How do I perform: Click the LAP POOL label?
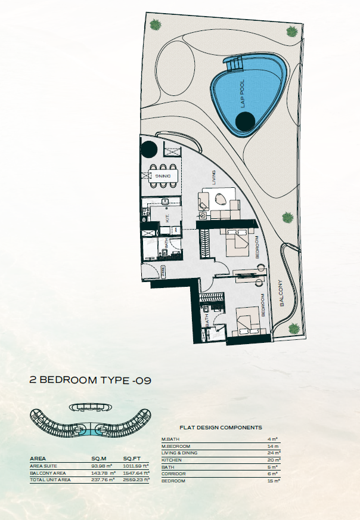(x=243, y=94)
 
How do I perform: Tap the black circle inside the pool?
(x=245, y=122)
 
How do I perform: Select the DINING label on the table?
(x=163, y=176)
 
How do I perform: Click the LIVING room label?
(x=214, y=178)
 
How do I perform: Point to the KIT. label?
(x=167, y=218)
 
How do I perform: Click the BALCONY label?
(x=281, y=293)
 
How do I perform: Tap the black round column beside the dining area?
(x=148, y=149)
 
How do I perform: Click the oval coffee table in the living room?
(x=221, y=199)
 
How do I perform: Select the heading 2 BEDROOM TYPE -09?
(x=91, y=380)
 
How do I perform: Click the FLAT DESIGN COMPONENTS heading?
(x=221, y=428)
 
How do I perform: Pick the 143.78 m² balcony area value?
(x=104, y=473)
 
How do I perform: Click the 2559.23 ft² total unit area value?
(x=136, y=479)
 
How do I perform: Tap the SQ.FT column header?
(x=132, y=459)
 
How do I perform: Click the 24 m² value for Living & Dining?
(x=274, y=453)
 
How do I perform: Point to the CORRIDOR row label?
(x=173, y=474)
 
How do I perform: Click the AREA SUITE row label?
(x=44, y=466)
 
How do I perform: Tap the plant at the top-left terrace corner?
(x=155, y=24)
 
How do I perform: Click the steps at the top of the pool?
(x=235, y=64)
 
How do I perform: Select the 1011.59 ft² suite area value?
(x=136, y=466)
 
